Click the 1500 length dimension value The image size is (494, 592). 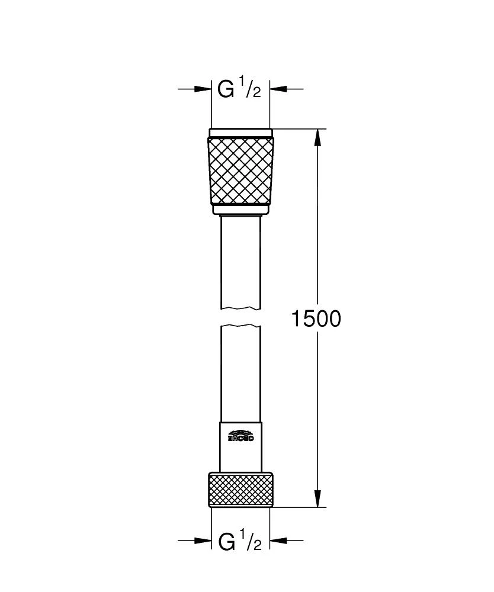[316, 319]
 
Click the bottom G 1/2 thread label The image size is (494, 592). [239, 541]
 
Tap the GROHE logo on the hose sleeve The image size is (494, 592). [240, 436]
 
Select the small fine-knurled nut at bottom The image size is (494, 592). [240, 490]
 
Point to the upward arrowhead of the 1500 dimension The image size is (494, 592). [318, 137]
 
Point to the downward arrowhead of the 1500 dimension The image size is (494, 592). [318, 499]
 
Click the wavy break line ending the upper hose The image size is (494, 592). [240, 308]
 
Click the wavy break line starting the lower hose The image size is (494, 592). [240, 326]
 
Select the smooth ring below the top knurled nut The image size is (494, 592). [240, 210]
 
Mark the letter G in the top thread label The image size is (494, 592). [226, 89]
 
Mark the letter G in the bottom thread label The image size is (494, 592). [226, 541]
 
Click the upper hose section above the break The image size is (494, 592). [240, 260]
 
